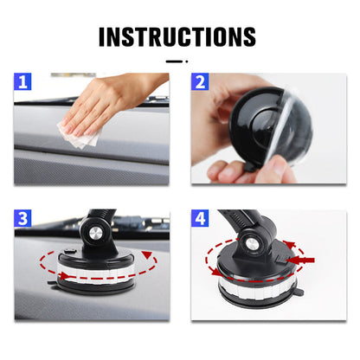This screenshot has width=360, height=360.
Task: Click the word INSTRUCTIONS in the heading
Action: (x=177, y=36)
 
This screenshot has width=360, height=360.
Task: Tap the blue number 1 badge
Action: (x=22, y=81)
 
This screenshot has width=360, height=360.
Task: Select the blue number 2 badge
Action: (x=200, y=81)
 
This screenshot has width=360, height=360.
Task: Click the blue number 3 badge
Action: (x=22, y=218)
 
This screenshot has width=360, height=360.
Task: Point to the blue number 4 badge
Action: (x=200, y=218)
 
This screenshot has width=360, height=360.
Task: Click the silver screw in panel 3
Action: (x=96, y=233)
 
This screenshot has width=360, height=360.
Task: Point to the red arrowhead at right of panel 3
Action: (x=148, y=254)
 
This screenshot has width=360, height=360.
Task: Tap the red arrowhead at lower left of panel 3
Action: (x=64, y=276)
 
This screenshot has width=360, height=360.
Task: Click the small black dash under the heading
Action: (x=174, y=61)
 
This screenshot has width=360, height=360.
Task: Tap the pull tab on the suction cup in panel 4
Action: (x=299, y=292)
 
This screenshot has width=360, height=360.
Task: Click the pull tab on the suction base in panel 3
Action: (x=52, y=283)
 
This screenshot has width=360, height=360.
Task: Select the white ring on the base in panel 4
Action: (x=257, y=288)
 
